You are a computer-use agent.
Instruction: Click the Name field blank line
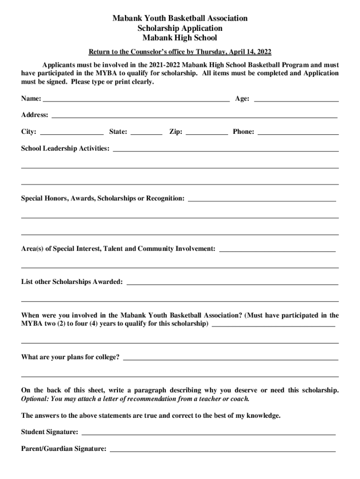point(136,100)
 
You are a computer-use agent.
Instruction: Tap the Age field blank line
point(296,100)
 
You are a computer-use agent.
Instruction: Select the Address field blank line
point(194,116)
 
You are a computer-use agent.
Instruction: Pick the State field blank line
point(146,133)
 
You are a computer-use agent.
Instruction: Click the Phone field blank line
point(298,133)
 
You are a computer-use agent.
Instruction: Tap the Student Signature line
point(208,433)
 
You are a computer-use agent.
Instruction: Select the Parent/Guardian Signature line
point(222,450)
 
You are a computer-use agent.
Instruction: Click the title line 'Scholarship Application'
point(180,28)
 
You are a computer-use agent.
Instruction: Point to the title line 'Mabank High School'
point(180,38)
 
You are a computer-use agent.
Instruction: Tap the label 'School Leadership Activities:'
point(65,149)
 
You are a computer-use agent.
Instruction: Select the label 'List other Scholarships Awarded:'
point(72,282)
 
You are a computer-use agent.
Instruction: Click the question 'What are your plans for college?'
point(70,358)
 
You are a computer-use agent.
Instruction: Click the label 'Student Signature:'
point(50,432)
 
